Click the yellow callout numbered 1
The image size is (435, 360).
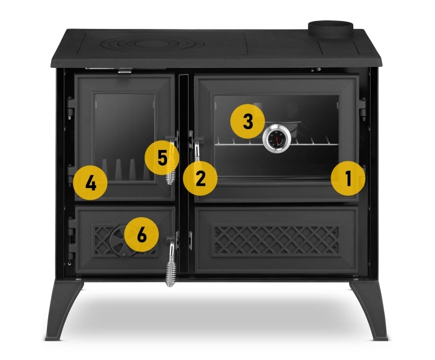[x=348, y=178]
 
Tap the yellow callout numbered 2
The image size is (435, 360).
[x=200, y=178]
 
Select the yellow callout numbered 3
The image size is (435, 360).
[x=248, y=121]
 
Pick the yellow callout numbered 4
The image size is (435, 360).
[x=90, y=183]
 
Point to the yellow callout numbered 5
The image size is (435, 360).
[x=162, y=158]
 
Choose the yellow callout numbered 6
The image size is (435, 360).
[x=142, y=235]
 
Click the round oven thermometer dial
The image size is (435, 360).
[x=277, y=138]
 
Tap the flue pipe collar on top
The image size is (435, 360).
[x=331, y=30]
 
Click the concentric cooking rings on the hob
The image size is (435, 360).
[x=153, y=44]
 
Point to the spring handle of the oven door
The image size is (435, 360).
[x=197, y=152]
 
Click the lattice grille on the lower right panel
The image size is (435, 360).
[x=276, y=240]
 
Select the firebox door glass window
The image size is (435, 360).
[x=125, y=138]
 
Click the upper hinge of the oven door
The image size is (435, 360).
[x=362, y=109]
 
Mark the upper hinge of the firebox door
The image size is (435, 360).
[x=71, y=109]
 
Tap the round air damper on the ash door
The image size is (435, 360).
[x=122, y=241]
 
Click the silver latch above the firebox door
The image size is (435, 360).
[x=125, y=71]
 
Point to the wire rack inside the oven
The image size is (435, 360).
[x=277, y=144]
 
